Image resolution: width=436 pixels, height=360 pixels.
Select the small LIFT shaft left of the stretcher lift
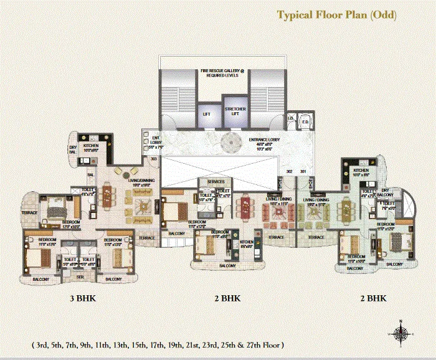tap(207, 114)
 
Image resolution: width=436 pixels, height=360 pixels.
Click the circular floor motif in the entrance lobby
tap(229, 143)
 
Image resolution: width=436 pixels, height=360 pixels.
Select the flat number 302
tap(289, 170)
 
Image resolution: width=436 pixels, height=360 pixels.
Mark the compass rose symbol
tap(402, 333)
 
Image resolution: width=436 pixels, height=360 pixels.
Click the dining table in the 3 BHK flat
tap(108, 196)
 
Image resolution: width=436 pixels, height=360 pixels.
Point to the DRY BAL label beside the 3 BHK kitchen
tap(73, 149)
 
